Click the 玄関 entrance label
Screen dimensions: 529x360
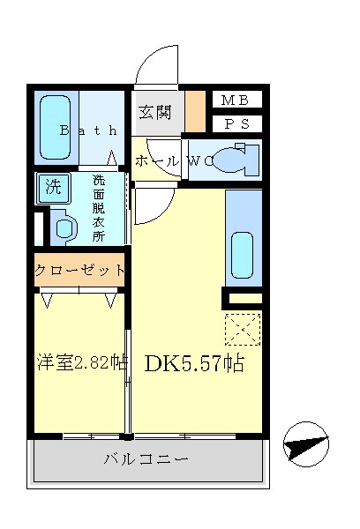(159, 112)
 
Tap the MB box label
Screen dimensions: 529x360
(236, 100)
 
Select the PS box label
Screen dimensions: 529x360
(236, 123)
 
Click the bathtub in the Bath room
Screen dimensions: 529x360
(55, 128)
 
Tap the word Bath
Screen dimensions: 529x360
(87, 130)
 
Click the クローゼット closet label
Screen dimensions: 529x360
(79, 271)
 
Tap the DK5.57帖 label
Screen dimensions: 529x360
(194, 362)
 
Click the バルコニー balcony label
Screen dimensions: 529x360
(146, 459)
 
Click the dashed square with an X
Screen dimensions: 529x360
(242, 330)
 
